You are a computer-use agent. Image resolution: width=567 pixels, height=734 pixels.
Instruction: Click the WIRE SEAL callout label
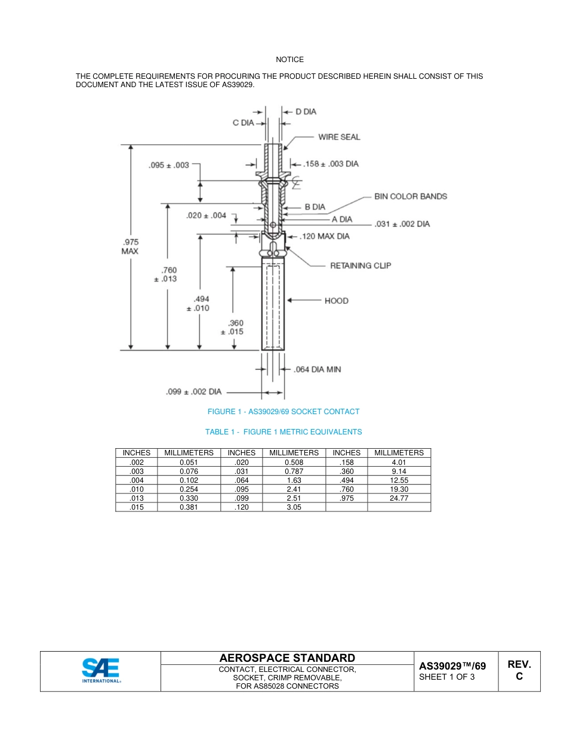pos(339,137)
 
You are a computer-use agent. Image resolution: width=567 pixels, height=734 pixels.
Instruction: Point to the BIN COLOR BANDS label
pos(410,196)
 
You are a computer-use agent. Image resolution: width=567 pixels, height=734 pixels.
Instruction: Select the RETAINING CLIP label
pos(360,266)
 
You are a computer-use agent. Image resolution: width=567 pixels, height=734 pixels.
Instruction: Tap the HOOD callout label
pos(337,301)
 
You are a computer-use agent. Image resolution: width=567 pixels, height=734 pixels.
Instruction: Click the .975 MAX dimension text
pos(130,246)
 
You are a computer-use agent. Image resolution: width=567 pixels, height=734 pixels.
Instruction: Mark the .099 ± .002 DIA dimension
pos(193,392)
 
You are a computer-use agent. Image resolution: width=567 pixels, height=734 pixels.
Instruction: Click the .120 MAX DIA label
pos(325,236)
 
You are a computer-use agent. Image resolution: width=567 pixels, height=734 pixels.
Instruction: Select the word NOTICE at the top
pos(289,60)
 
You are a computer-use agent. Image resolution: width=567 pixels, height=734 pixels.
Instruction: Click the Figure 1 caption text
pos(283,412)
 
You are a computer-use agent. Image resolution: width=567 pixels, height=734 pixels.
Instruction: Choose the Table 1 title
pos(283,432)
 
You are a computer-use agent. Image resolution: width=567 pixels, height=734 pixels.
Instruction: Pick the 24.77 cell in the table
pos(399,498)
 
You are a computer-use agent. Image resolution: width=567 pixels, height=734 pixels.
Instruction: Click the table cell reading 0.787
pos(294,471)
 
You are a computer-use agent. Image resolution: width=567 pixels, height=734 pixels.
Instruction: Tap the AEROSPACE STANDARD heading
pos(287,658)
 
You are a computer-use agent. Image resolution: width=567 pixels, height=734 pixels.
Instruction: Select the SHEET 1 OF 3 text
pos(447,677)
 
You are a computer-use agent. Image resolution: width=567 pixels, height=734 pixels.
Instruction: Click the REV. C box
pos(519,671)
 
